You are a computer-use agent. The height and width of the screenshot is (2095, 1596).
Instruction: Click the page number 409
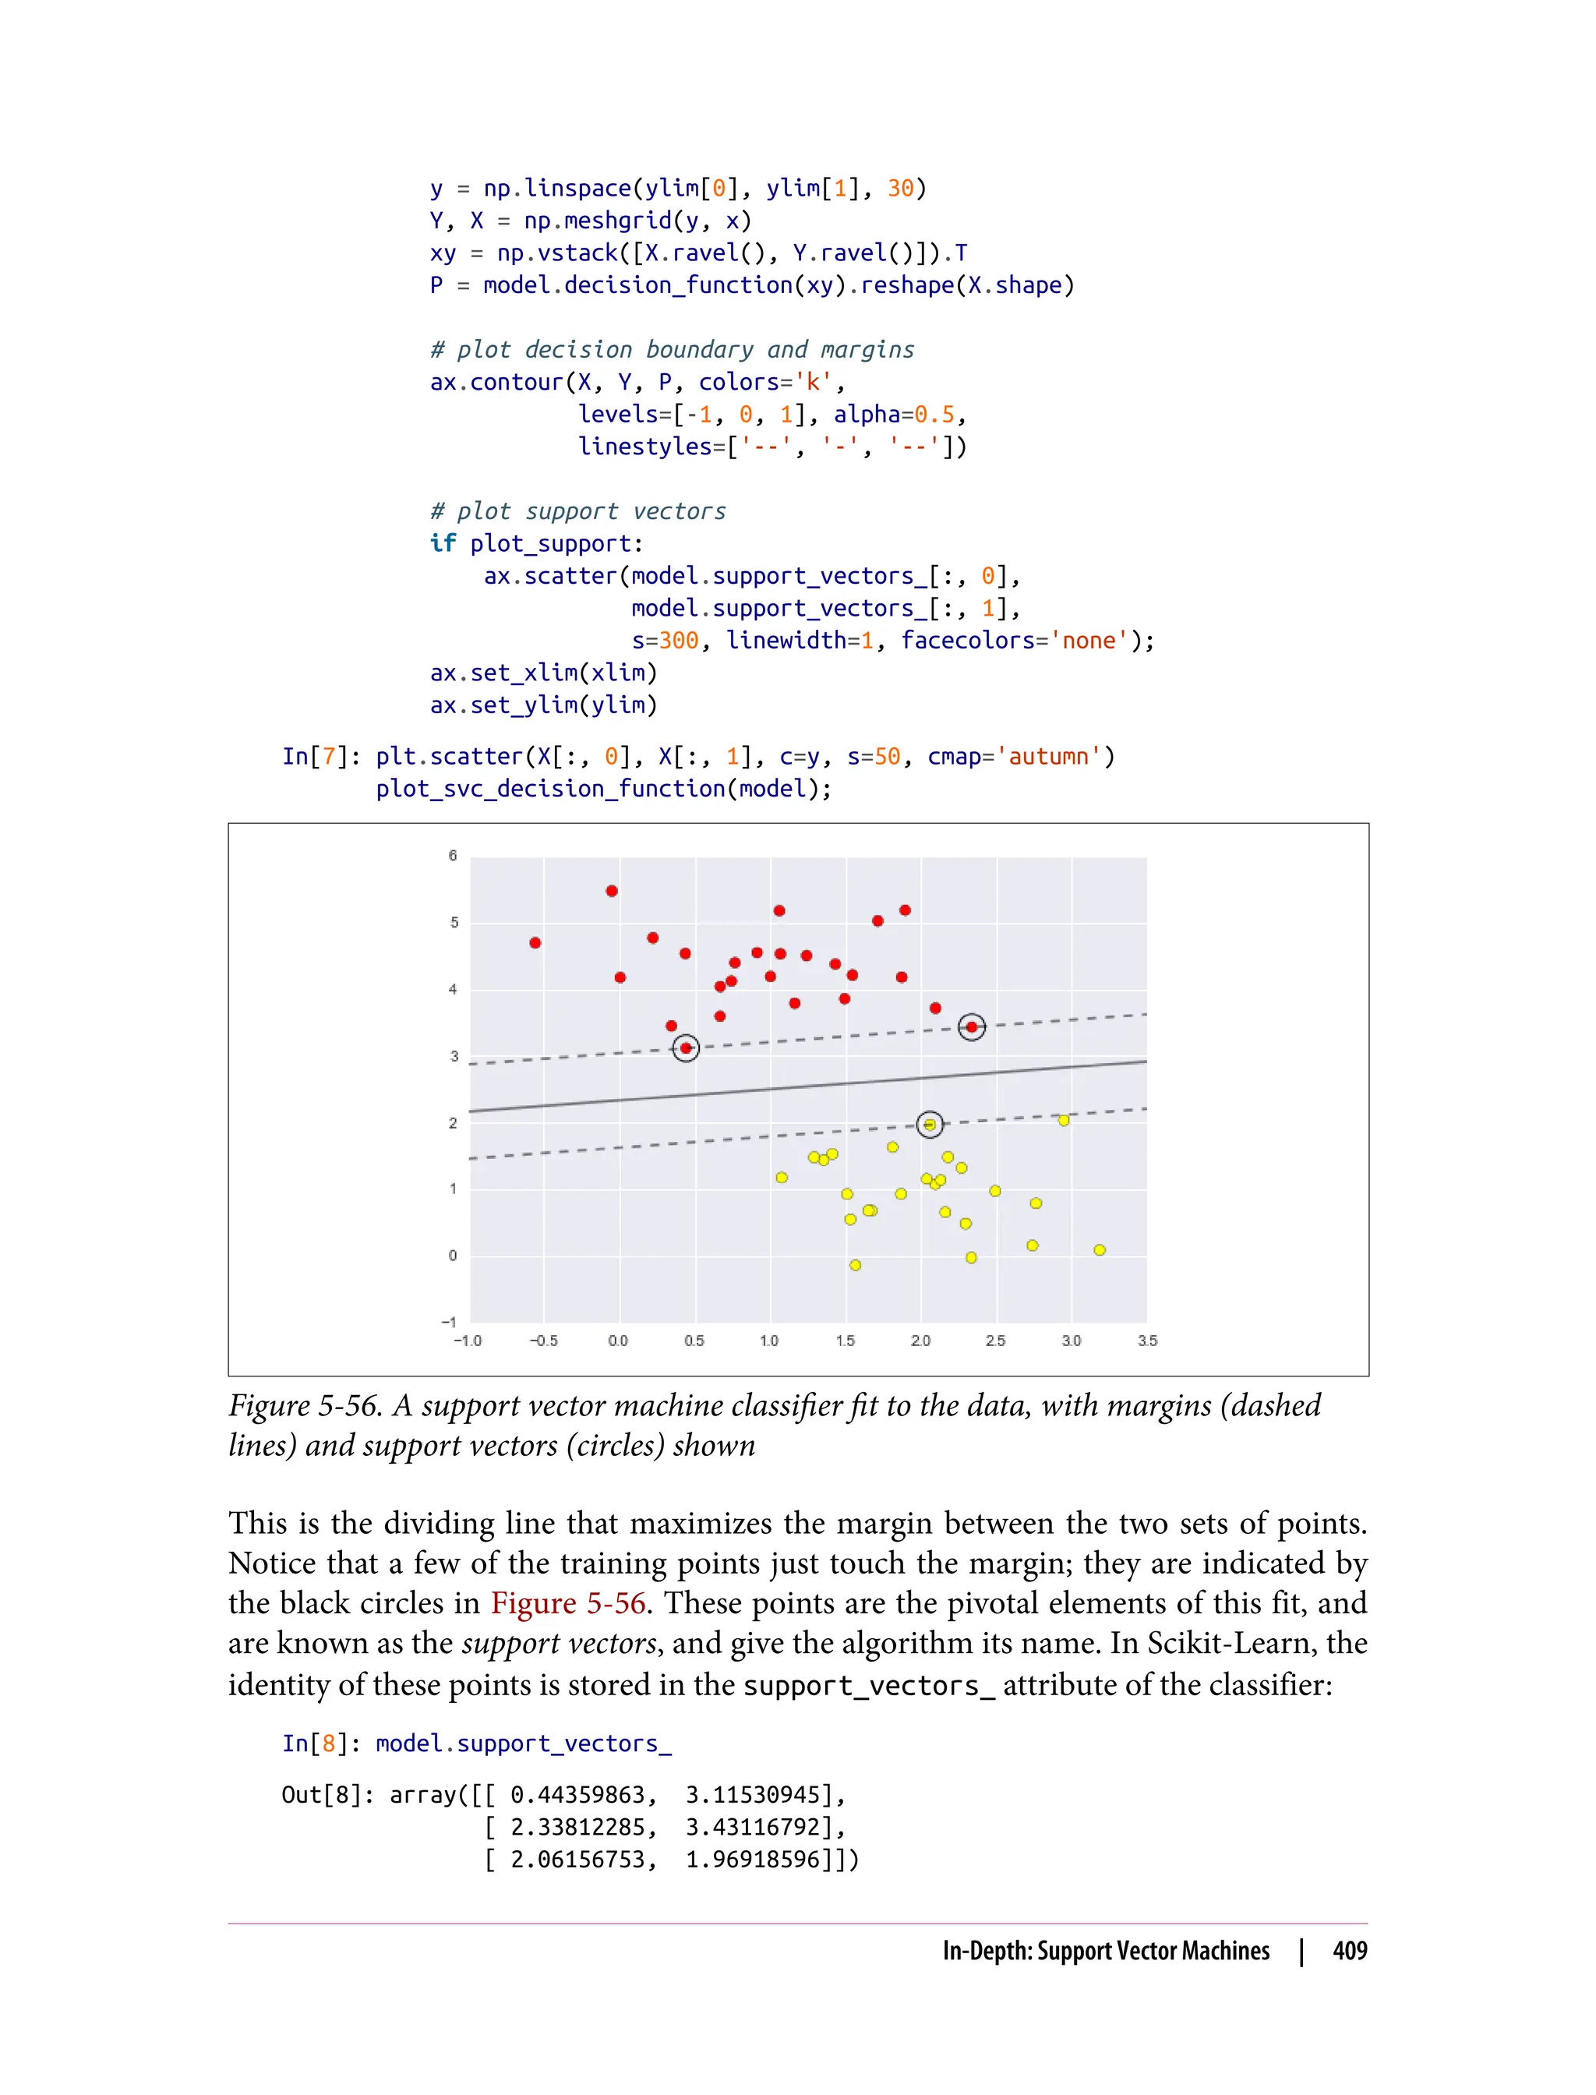tap(1349, 1951)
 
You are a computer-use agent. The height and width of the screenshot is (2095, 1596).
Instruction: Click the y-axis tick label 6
tap(453, 855)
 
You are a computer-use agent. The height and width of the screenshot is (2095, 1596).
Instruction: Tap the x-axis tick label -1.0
tap(468, 1341)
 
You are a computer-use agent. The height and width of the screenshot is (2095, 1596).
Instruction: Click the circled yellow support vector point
tap(930, 1125)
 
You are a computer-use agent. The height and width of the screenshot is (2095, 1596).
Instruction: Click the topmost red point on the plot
tap(612, 891)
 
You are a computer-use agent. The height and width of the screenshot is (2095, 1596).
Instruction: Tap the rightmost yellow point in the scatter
tap(1099, 1250)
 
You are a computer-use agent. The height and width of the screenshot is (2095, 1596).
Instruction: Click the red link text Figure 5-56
tap(568, 1603)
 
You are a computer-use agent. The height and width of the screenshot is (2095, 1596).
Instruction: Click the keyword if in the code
tap(443, 543)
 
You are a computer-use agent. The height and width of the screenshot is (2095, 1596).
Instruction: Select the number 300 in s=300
tap(678, 641)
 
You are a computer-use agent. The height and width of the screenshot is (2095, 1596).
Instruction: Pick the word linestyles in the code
tap(645, 447)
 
